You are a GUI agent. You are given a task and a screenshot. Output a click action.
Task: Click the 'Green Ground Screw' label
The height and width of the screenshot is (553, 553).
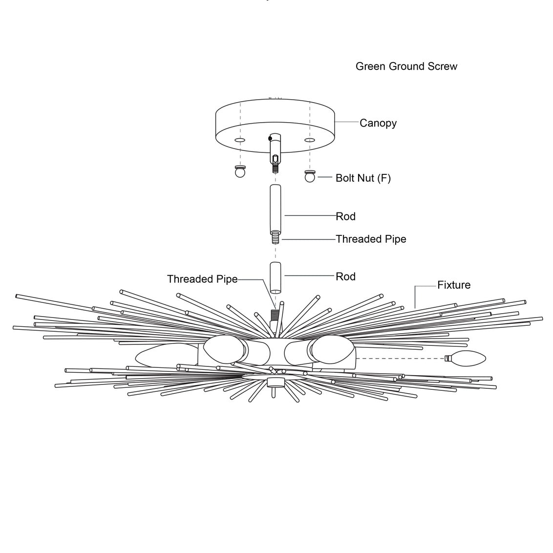[x=406, y=66]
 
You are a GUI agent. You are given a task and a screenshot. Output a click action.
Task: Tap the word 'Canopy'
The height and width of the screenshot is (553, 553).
[x=378, y=123]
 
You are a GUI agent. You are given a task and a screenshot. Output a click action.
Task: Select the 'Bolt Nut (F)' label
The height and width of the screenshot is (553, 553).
[x=363, y=178]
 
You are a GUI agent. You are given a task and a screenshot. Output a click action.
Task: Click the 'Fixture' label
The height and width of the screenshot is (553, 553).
[x=454, y=285]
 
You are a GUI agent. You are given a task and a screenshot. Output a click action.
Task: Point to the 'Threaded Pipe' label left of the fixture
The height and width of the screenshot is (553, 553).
[x=202, y=279]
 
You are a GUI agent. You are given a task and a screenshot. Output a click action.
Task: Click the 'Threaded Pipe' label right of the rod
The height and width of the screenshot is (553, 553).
[x=371, y=239]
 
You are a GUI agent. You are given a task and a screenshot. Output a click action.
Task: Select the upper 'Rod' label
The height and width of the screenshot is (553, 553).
[x=345, y=216]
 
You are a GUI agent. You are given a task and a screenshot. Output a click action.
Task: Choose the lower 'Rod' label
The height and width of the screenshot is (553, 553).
[x=345, y=276]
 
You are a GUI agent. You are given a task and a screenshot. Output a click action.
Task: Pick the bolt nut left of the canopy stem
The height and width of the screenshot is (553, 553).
[x=240, y=172]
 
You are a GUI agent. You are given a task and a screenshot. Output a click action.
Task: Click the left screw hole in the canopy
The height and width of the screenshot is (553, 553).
[x=239, y=140]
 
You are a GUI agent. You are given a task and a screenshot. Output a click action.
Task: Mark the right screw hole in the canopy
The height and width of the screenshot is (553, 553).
[x=309, y=140]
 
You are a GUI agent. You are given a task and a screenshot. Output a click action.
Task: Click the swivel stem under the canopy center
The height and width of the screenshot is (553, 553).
[x=276, y=149]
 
